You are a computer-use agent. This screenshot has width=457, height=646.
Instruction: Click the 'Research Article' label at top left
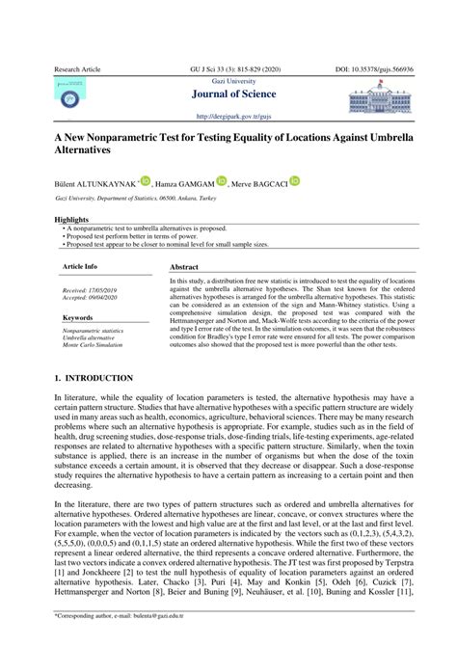click(x=76, y=71)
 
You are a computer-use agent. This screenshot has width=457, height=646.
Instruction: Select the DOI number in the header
click(x=370, y=71)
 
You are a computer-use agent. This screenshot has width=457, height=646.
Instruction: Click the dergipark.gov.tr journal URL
click(x=228, y=114)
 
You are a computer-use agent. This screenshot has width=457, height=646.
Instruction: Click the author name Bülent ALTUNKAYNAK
click(x=94, y=181)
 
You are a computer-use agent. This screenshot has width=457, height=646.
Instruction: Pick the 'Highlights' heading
click(x=73, y=220)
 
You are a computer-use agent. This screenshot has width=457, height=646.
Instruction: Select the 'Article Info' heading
click(x=80, y=265)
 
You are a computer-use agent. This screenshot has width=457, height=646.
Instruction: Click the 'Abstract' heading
click(x=184, y=267)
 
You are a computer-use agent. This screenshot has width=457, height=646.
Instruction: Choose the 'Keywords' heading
click(x=77, y=317)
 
